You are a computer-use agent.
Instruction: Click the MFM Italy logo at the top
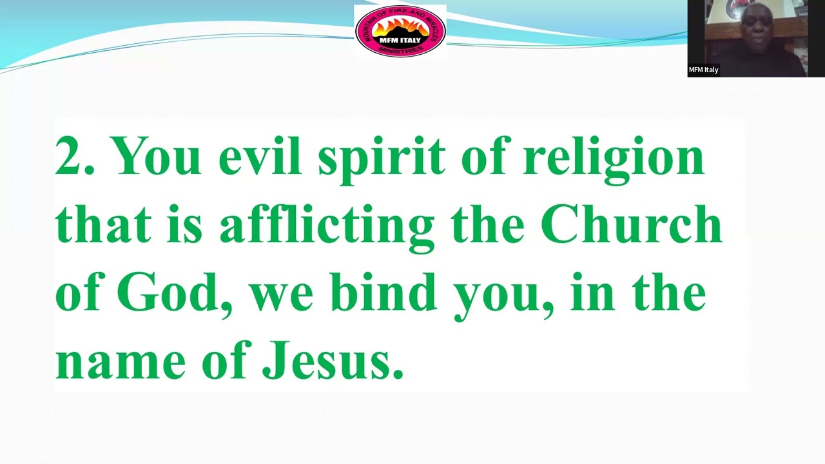400,31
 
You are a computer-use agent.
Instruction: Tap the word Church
631,224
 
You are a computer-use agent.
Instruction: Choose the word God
175,294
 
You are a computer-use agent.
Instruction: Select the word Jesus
333,362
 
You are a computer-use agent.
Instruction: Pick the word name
121,363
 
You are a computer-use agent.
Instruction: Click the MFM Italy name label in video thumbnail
704,70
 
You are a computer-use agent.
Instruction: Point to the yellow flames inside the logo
400,27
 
